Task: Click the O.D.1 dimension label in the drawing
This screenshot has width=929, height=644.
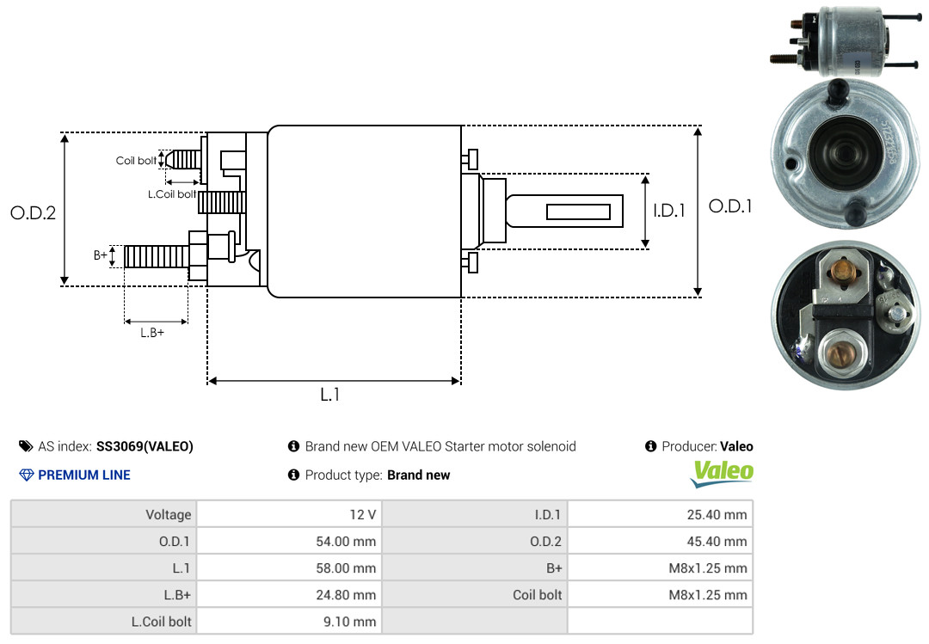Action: tap(730, 206)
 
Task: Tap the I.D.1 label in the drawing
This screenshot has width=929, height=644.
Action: tap(668, 210)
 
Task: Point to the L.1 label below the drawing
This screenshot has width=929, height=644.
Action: tap(330, 395)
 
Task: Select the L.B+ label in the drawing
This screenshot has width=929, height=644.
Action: tap(151, 332)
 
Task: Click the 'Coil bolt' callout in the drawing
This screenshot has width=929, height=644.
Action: tap(136, 161)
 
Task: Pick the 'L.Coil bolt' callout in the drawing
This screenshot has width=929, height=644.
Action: tap(172, 194)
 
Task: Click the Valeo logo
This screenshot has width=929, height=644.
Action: tap(723, 472)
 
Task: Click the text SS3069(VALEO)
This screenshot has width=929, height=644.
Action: tap(145, 446)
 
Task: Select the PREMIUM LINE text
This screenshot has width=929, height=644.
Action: tap(84, 475)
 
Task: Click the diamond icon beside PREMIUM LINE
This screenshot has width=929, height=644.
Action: tap(26, 475)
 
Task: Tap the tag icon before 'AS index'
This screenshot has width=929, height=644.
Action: tap(26, 446)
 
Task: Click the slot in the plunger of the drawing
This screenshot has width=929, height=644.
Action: tap(578, 212)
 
